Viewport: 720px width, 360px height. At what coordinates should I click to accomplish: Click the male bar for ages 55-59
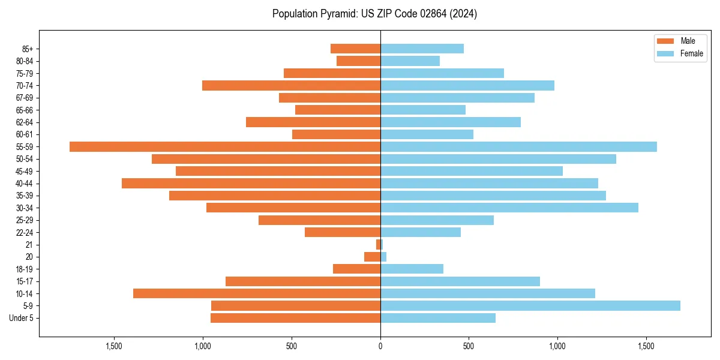coord(225,146)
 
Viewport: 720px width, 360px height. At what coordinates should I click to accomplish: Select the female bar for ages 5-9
coord(530,305)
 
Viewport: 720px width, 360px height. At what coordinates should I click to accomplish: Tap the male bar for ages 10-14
coord(257,293)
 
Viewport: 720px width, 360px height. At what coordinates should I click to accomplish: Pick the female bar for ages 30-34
coord(509,208)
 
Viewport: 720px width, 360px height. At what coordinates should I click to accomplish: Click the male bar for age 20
coord(372,257)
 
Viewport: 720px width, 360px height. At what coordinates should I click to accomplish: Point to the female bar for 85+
coord(422,49)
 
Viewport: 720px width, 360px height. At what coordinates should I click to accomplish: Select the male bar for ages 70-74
coord(291,85)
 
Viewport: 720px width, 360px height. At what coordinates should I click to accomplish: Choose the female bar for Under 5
coord(438,318)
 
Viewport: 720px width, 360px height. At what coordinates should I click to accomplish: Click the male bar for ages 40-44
coord(251,183)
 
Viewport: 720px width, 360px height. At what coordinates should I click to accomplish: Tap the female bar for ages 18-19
coord(412,269)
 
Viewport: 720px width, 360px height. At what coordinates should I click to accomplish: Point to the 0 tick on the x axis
coord(380,346)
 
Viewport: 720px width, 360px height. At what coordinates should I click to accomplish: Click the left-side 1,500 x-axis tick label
coord(114,346)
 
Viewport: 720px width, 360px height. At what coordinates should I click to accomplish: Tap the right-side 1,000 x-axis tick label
coord(557,346)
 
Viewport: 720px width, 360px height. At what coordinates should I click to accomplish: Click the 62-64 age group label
coord(25,122)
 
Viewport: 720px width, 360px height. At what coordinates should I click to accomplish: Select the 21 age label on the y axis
coord(29,245)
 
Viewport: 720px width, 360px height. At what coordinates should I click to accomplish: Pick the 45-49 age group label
coord(25,171)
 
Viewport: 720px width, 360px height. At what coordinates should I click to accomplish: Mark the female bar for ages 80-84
coord(410,61)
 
